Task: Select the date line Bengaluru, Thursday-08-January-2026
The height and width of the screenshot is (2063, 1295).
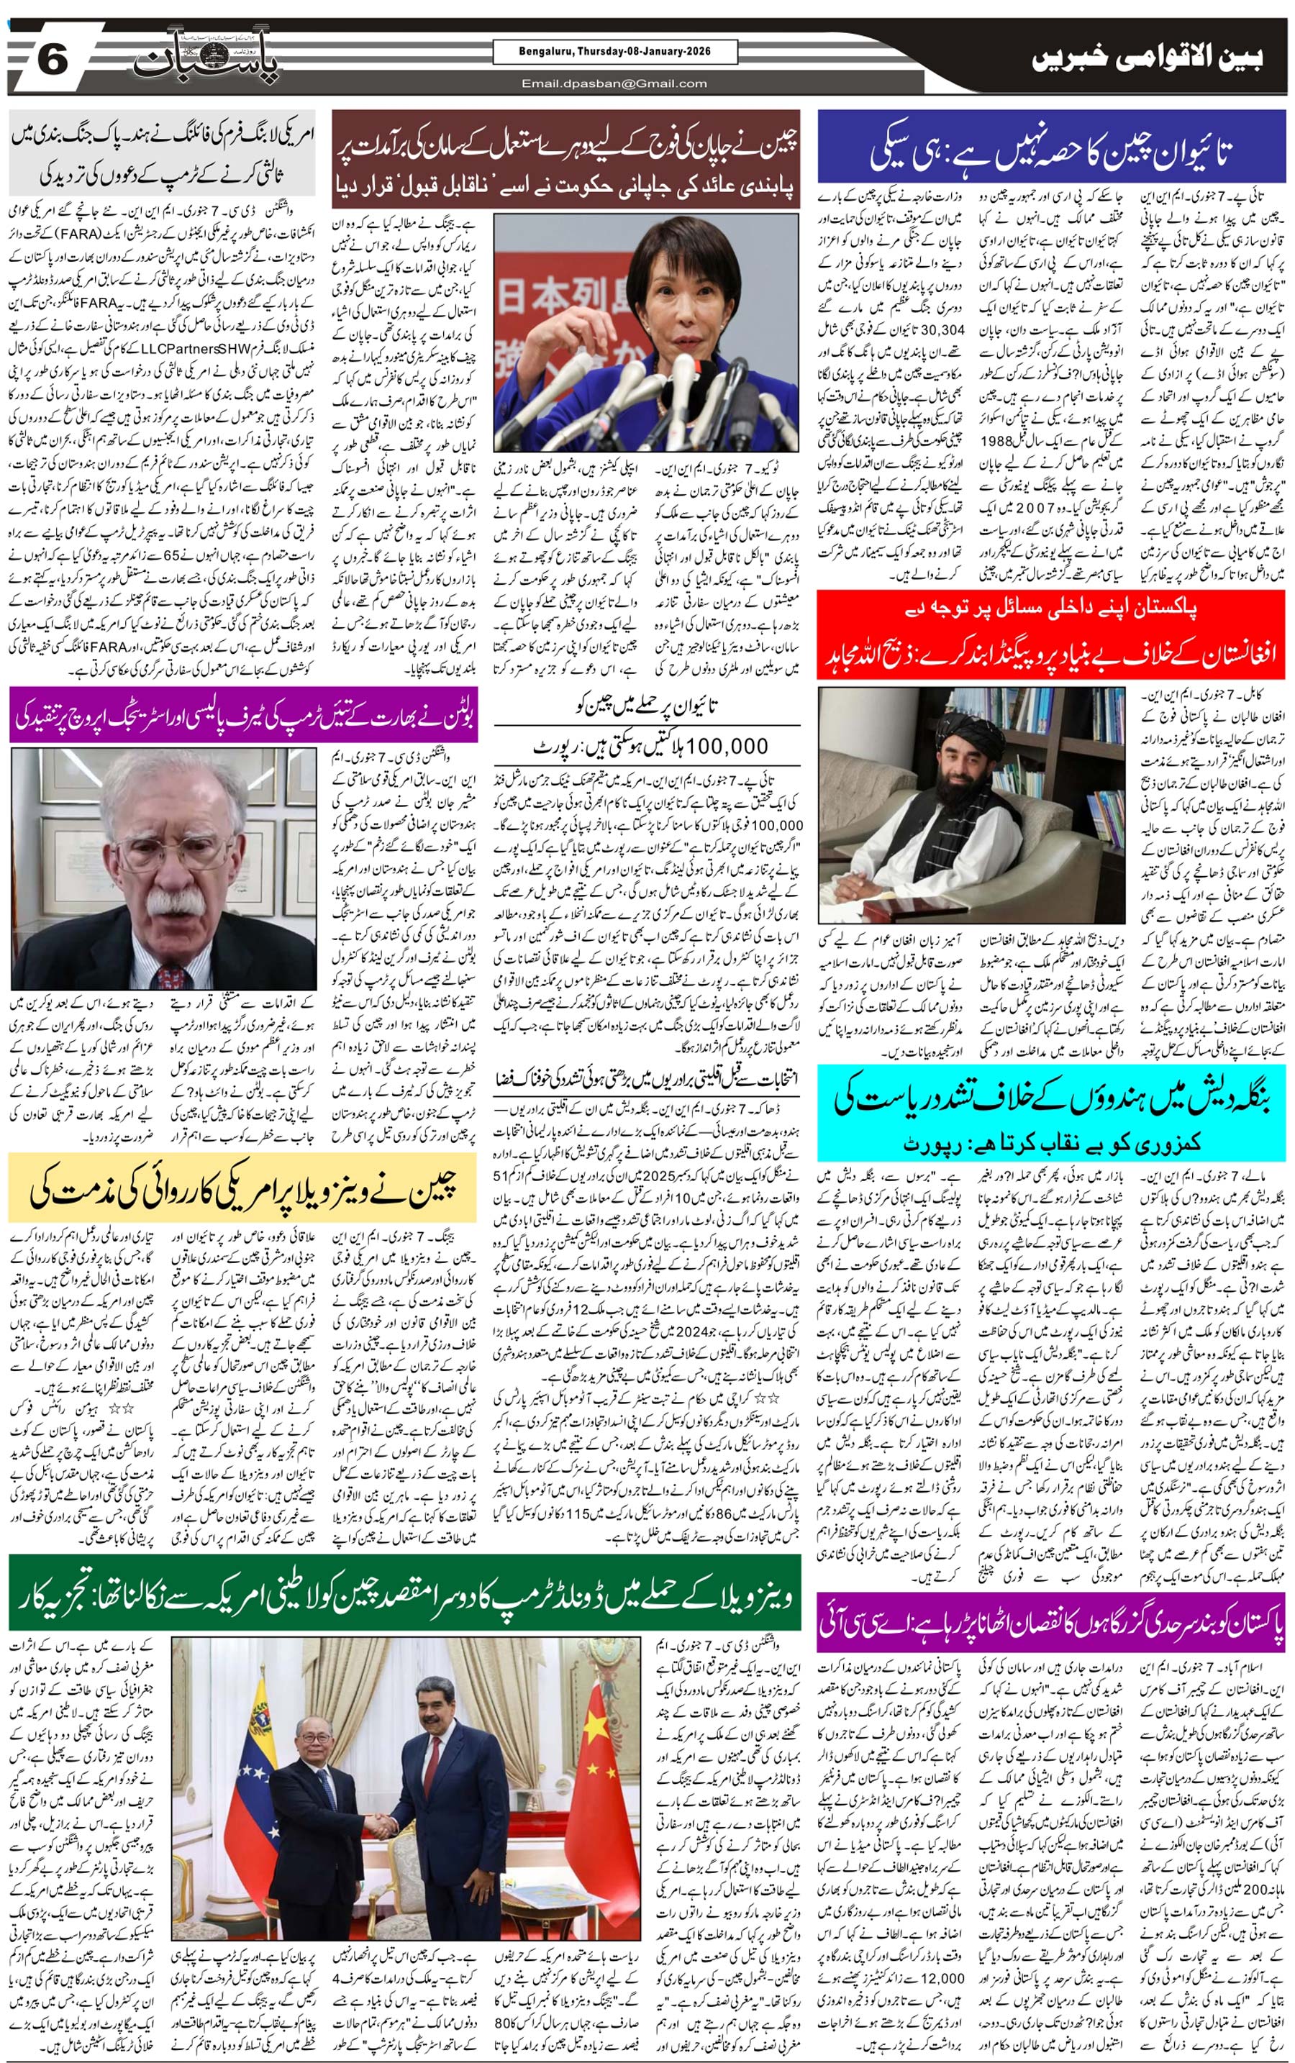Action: pyautogui.click(x=614, y=53)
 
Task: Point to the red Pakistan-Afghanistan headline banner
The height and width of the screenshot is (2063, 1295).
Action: pyautogui.click(x=1051, y=634)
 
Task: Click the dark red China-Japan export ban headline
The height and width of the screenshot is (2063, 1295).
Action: pyautogui.click(x=565, y=158)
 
